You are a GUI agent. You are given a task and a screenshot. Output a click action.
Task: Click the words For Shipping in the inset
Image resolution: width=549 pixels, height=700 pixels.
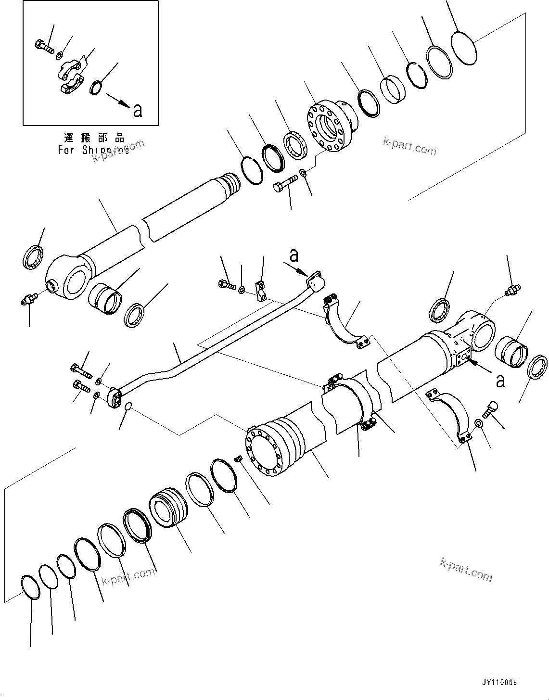coord(93,150)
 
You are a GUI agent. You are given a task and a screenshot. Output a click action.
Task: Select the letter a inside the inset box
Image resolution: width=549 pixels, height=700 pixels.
coord(138,110)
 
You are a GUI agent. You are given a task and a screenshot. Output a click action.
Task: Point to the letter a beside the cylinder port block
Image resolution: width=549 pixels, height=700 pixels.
coord(500,381)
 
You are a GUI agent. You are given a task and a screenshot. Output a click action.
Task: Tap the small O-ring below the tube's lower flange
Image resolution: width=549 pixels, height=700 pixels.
coord(127,407)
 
